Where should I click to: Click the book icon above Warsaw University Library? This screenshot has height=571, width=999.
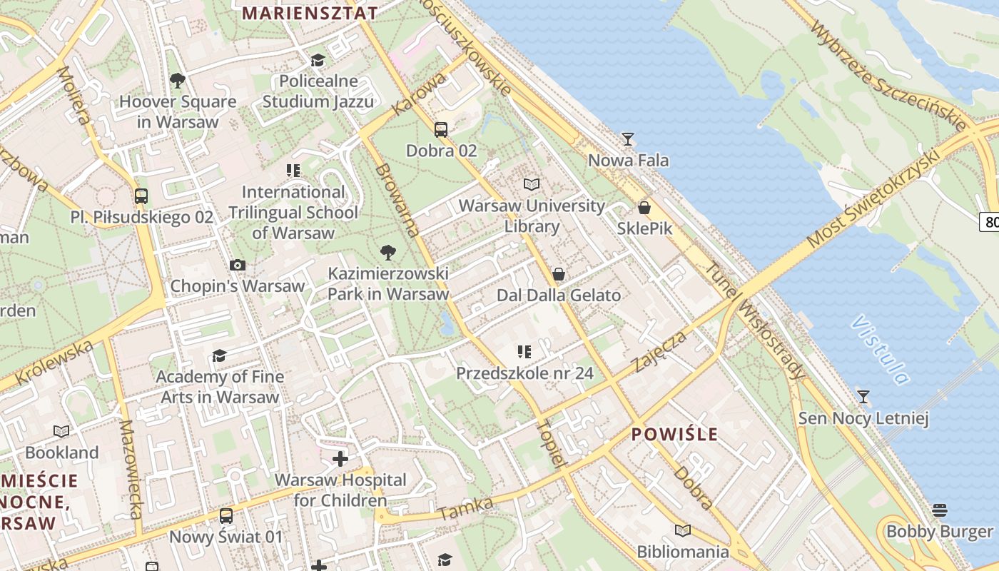coord(532,185)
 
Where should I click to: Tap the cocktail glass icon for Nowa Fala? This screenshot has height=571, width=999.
coord(628,138)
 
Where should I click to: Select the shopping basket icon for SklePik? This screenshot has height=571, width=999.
coord(644,208)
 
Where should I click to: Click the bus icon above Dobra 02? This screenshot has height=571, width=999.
coord(441,130)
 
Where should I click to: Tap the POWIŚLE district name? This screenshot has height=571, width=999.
coord(674,434)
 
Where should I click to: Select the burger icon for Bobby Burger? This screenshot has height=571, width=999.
coord(939,510)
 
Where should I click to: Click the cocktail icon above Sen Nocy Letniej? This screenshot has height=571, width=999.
coord(863,396)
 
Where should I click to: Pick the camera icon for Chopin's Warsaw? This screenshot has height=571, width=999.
coord(238,266)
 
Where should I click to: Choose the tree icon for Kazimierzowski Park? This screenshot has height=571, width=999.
coord(388,252)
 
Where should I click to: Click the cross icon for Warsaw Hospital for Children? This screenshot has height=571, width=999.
coord(340,458)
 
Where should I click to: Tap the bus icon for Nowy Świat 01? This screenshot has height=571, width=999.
coord(226,515)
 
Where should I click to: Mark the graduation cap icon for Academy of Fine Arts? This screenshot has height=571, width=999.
coord(220,355)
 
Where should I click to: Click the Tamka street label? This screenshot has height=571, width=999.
coord(466,508)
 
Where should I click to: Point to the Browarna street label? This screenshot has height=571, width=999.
coord(397,201)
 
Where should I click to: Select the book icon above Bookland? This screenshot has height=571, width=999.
coord(62,431)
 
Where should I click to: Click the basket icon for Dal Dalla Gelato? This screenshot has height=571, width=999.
coord(559,274)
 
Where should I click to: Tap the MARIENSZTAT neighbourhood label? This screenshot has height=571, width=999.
coord(310,13)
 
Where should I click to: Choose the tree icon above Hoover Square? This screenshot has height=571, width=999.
coord(178,81)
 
